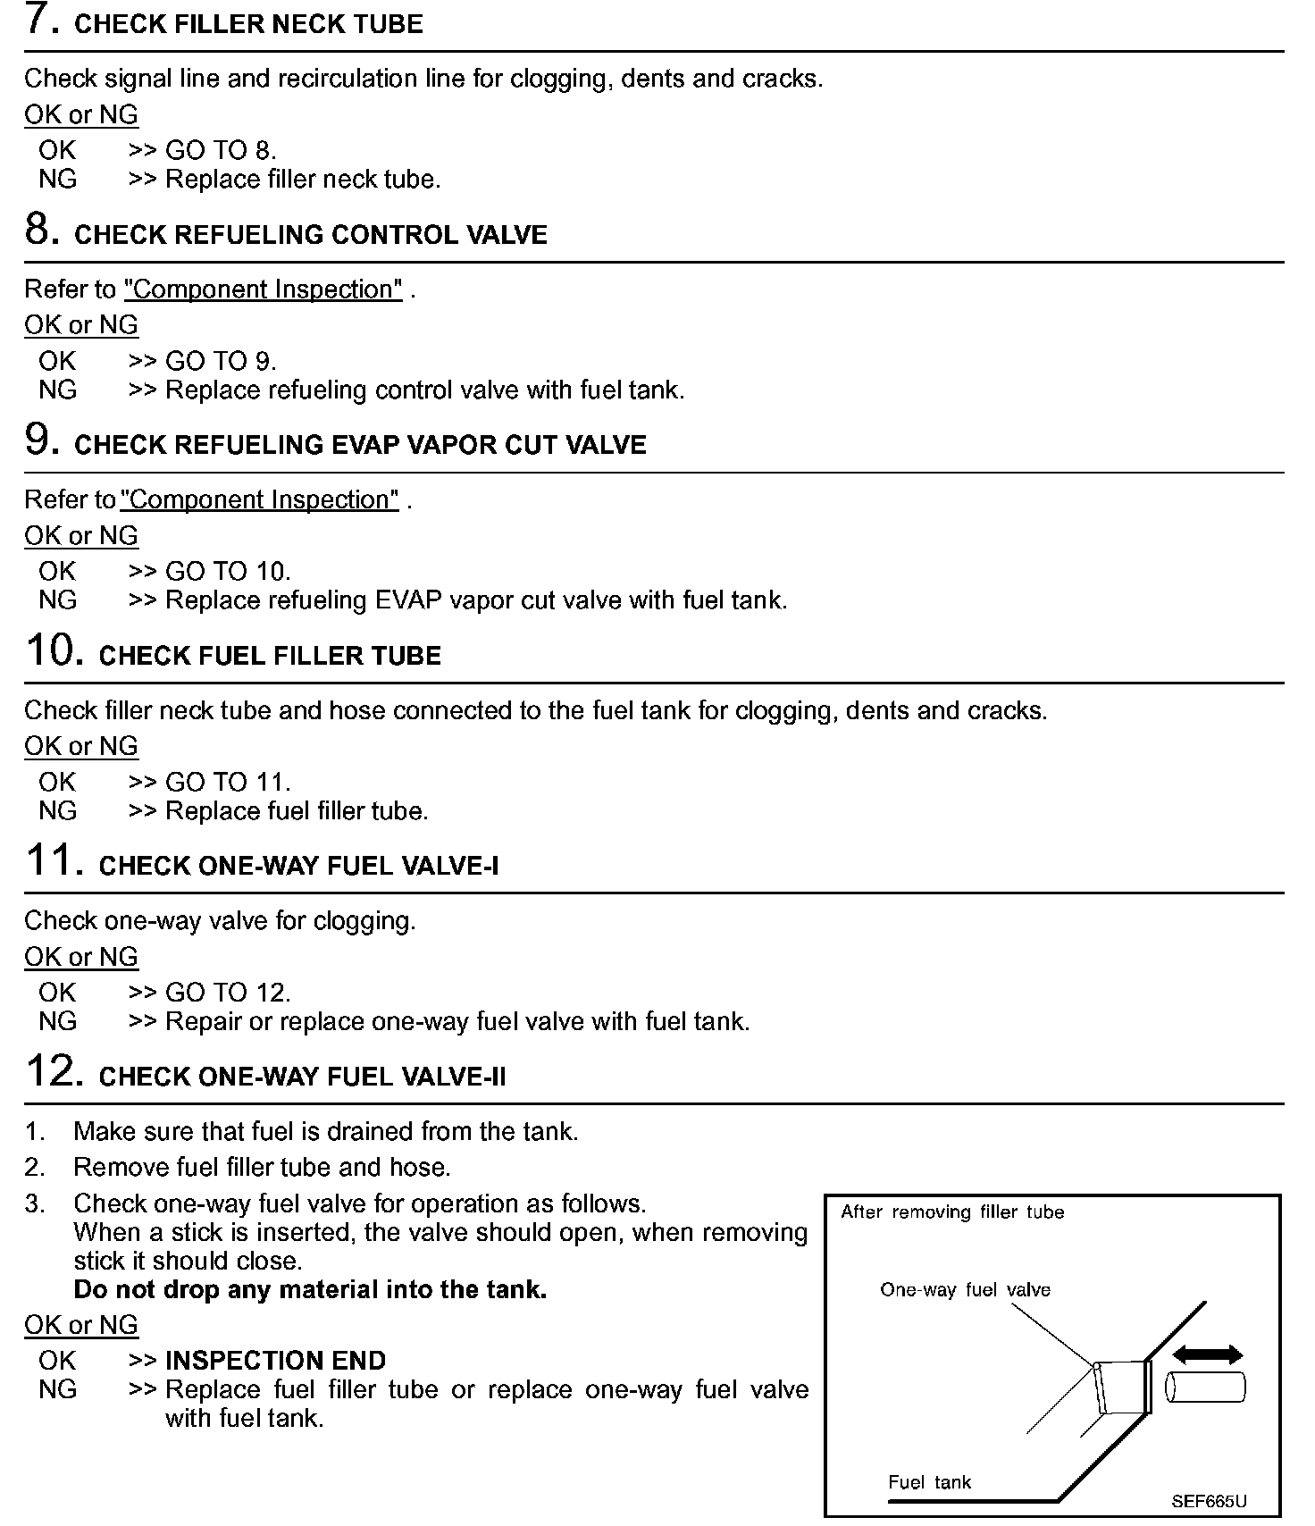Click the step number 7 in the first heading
point(42,21)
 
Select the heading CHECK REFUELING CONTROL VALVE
point(310,235)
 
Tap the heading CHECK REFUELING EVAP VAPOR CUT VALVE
point(360,445)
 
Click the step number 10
point(54,651)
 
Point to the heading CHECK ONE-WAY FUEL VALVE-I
point(298,866)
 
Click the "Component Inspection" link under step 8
point(264,289)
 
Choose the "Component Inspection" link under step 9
point(259,499)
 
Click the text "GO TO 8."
point(221,150)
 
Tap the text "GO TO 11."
point(228,782)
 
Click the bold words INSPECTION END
point(275,1360)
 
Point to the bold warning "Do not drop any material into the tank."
point(310,1289)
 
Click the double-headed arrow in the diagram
point(1207,1354)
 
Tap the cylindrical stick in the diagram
point(1206,1388)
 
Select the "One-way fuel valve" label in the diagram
point(965,1289)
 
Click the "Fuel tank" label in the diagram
point(929,1482)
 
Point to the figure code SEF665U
point(1209,1501)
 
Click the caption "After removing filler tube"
point(952,1212)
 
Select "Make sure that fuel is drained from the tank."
point(325,1131)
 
